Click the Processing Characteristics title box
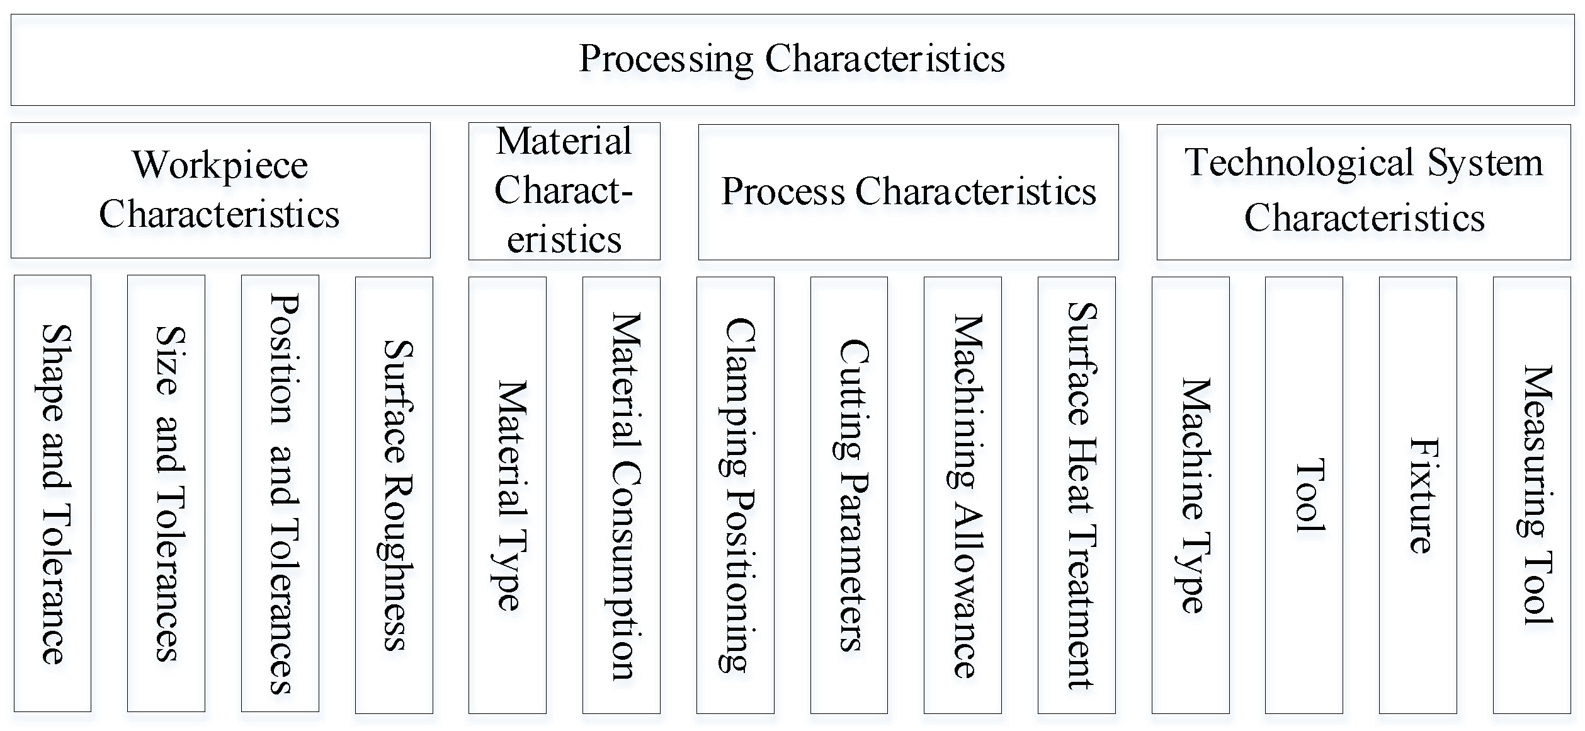tap(792, 59)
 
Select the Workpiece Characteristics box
tap(220, 190)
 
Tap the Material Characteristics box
tap(564, 190)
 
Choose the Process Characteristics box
tap(908, 192)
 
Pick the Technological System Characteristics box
tap(1363, 192)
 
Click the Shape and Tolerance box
tap(53, 493)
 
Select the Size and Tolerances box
tap(166, 493)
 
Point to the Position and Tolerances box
tap(280, 493)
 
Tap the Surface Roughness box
tap(394, 495)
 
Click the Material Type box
tap(508, 495)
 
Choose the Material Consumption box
tap(622, 495)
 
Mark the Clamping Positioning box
tap(736, 495)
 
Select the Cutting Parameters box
tap(849, 495)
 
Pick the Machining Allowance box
tap(963, 495)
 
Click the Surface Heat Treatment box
tap(1077, 495)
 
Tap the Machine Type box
tap(1191, 495)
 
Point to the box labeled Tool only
tap(1304, 495)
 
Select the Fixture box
tap(1418, 495)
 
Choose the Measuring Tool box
tap(1532, 495)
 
